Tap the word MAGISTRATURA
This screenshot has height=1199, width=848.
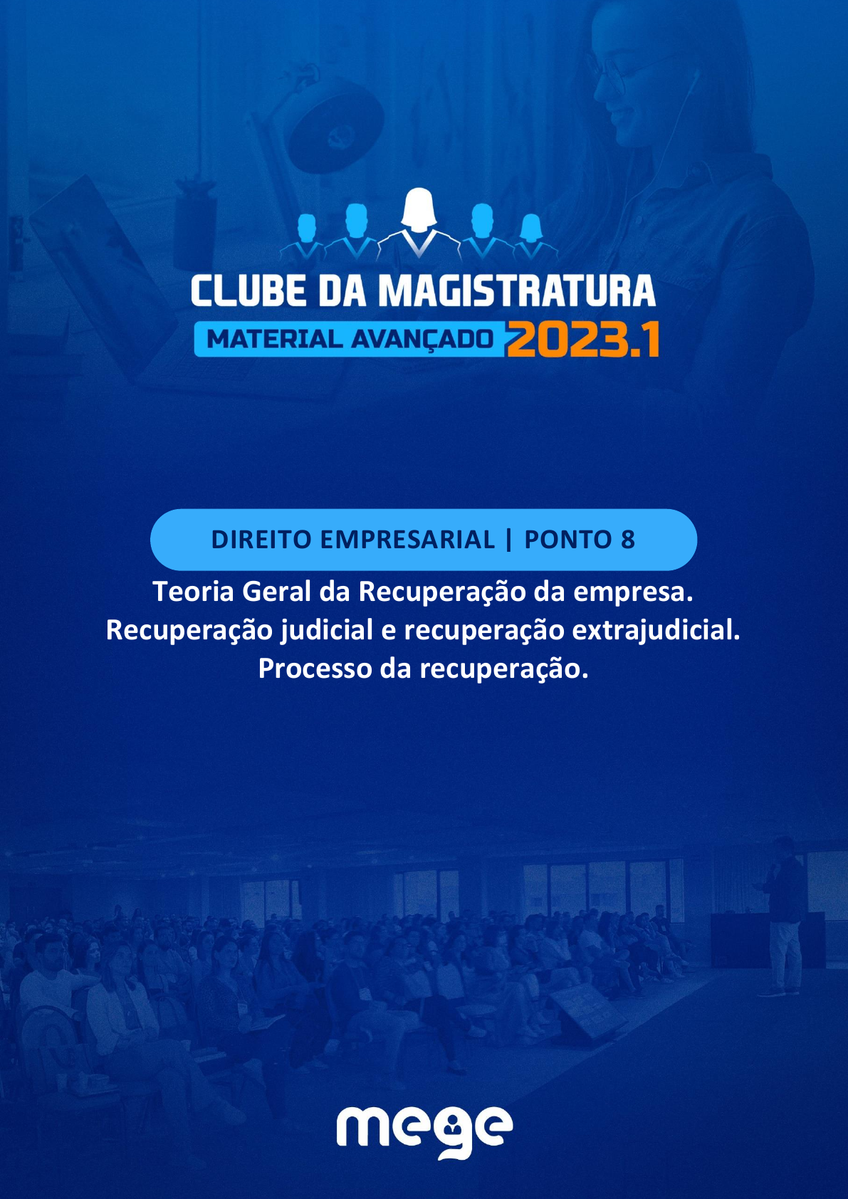click(517, 290)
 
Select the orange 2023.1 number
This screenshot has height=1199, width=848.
click(583, 339)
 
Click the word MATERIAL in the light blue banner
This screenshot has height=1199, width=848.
click(274, 339)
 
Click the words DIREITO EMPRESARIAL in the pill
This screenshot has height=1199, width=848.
click(352, 540)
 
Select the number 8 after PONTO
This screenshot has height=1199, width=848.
click(628, 540)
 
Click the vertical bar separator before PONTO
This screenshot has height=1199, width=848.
click(508, 540)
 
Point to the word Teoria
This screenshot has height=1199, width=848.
click(193, 592)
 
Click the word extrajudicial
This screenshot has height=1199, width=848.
click(656, 631)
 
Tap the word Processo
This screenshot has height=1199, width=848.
click(315, 669)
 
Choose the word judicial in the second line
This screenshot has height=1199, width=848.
click(327, 631)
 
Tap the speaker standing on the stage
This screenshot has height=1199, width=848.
click(782, 920)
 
